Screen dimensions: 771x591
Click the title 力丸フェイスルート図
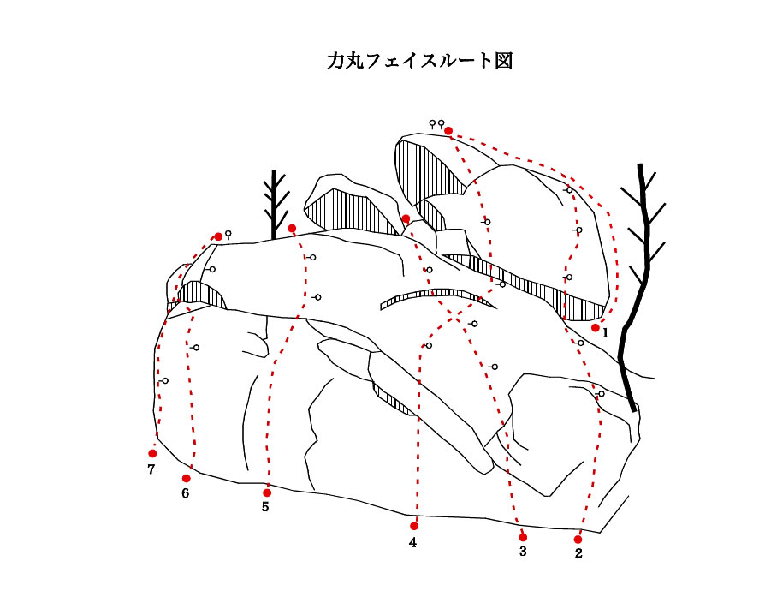click(x=420, y=61)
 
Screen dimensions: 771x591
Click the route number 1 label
click(x=605, y=333)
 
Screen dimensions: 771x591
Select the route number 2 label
click(x=578, y=553)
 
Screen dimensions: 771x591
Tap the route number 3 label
click(x=523, y=551)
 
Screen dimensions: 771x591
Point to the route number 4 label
click(x=412, y=542)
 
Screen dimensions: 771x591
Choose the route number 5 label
click(x=265, y=507)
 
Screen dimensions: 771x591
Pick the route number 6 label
click(x=186, y=493)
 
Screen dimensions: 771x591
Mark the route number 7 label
click(x=151, y=469)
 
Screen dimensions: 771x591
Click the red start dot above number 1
click(x=596, y=327)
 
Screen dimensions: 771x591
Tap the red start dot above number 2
click(x=578, y=540)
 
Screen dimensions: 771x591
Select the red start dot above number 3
click(x=523, y=537)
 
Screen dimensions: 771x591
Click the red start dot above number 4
click(x=414, y=526)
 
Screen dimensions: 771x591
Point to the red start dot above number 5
click(x=267, y=493)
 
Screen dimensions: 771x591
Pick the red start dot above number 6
click(x=186, y=478)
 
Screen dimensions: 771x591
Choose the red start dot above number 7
click(x=152, y=453)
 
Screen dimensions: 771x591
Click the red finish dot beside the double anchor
click(x=448, y=130)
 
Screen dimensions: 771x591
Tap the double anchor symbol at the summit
click(x=436, y=123)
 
